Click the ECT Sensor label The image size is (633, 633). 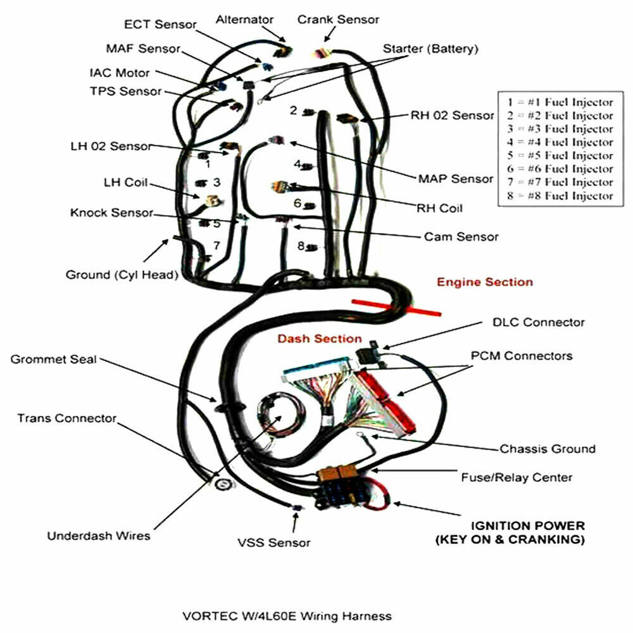(161, 25)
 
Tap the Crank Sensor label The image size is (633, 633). (339, 20)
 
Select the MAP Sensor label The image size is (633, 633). (456, 179)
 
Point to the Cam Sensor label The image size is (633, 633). (461, 237)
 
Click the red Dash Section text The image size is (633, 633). (320, 339)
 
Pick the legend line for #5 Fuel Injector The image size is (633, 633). (560, 156)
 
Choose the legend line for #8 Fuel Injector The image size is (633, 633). (560, 196)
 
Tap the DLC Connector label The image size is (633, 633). (539, 322)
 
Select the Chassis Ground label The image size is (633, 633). (548, 449)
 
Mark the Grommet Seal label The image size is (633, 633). (54, 360)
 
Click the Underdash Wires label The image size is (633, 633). (99, 536)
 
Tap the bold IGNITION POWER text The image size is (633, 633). (528, 526)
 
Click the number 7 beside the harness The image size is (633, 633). (216, 245)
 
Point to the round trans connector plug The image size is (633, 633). (222, 484)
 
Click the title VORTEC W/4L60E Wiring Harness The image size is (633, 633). (287, 615)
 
